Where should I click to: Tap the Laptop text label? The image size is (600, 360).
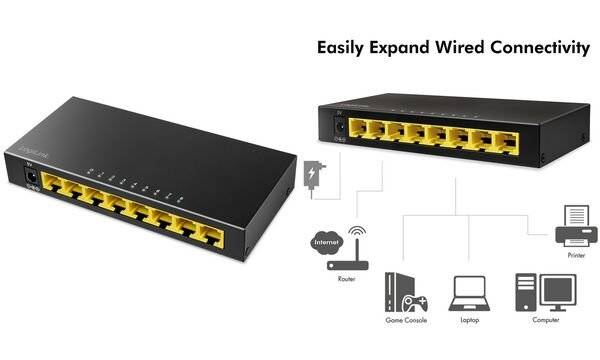click(x=467, y=321)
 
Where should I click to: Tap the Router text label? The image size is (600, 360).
click(x=346, y=280)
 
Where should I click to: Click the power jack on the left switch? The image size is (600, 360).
click(x=31, y=179)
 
